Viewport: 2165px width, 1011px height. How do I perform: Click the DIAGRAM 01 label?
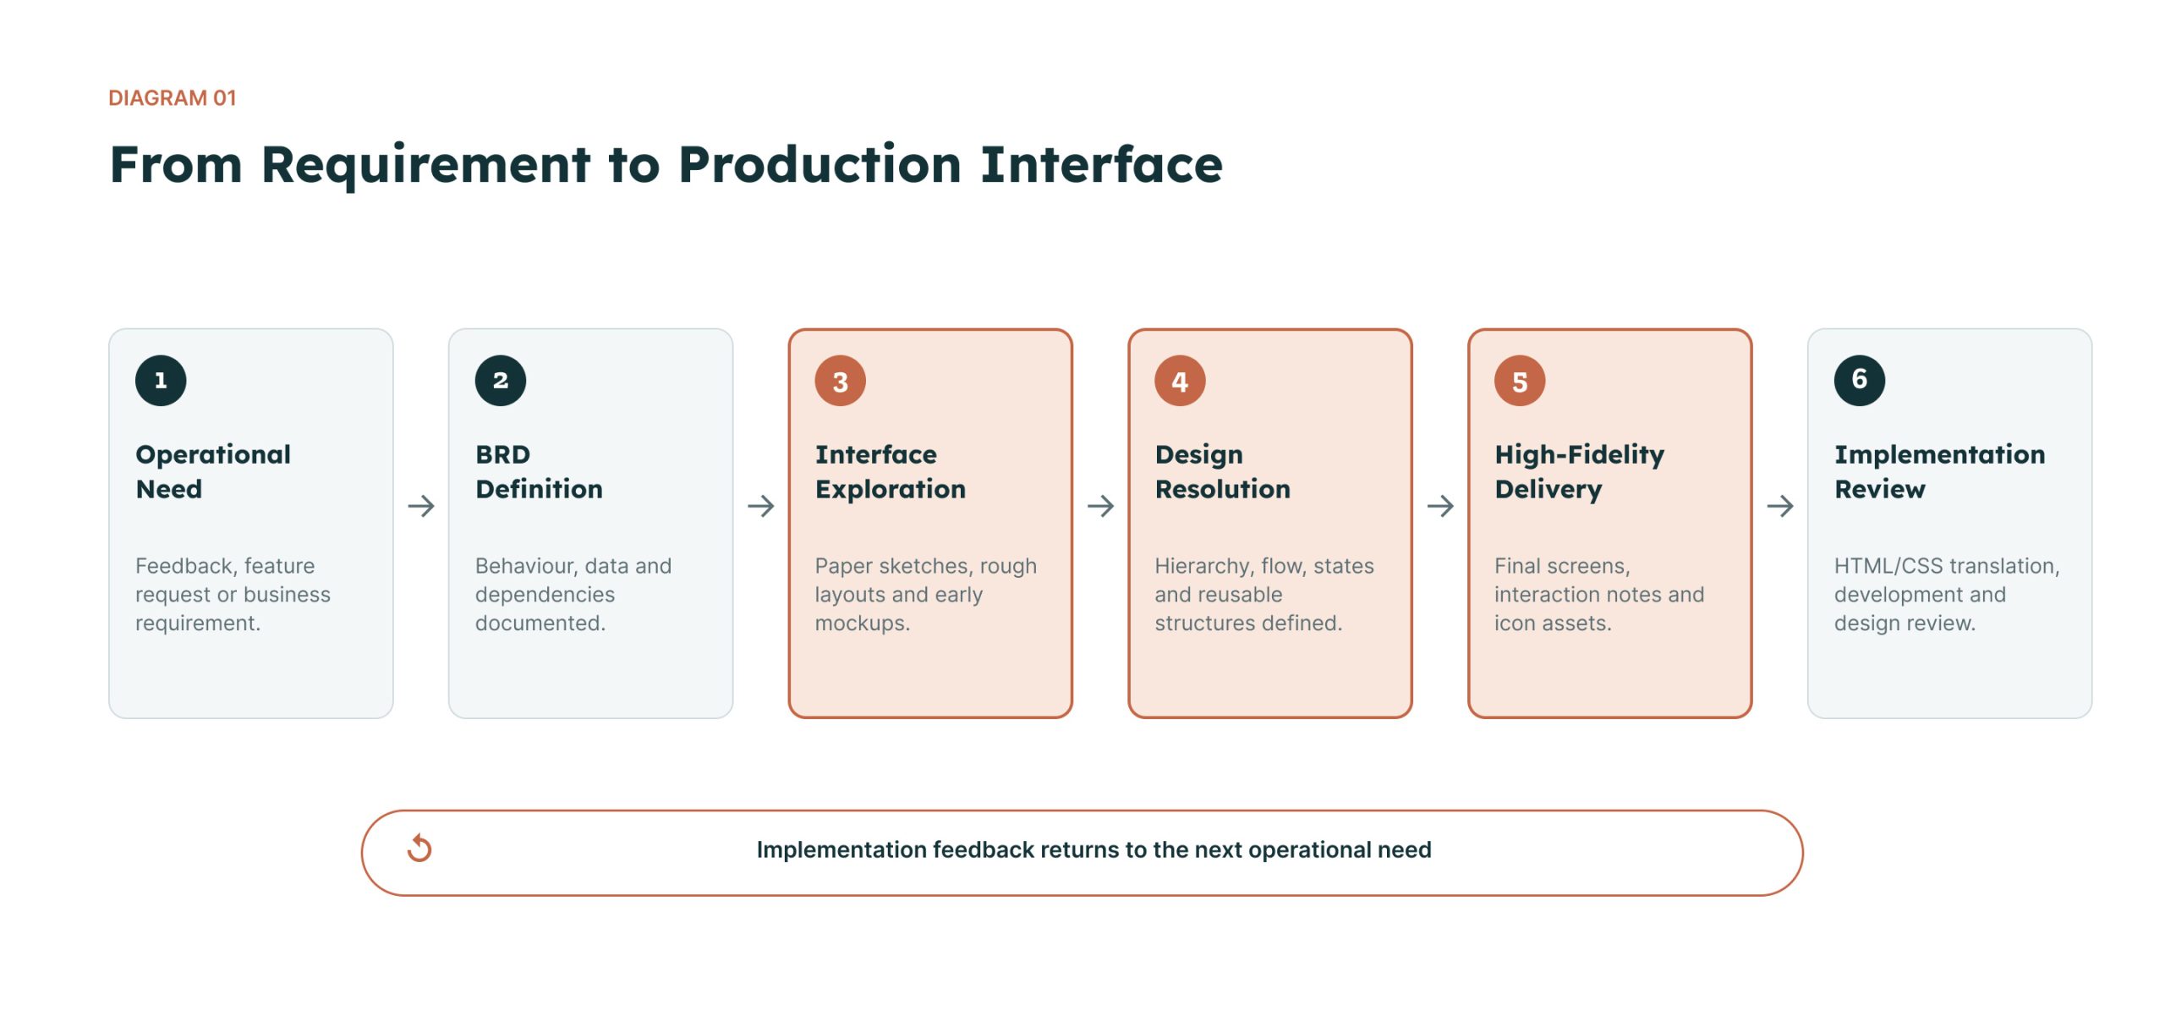[173, 98]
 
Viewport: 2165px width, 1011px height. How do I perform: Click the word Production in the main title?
[819, 164]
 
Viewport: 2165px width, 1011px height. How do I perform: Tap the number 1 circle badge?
[161, 381]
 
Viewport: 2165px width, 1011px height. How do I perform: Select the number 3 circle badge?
[840, 381]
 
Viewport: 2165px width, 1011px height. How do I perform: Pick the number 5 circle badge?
[1520, 381]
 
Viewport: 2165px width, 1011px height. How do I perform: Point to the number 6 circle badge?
[1860, 381]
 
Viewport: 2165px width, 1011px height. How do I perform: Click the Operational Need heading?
[213, 471]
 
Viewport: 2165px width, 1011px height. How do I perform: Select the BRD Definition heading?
[539, 471]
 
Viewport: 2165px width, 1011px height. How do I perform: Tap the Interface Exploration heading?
[890, 471]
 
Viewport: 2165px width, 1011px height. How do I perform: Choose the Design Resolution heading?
[1223, 471]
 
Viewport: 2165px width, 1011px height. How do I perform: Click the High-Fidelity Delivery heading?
[1579, 471]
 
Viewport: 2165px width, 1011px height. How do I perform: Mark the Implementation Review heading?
[1940, 471]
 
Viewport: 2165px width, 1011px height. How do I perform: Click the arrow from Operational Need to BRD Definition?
[421, 506]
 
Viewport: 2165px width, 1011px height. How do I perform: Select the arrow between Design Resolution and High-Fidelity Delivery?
[1440, 506]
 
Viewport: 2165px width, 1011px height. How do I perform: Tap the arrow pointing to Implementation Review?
[1780, 506]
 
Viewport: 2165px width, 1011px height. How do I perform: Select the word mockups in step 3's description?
[862, 624]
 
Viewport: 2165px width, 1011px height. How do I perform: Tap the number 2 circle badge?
[501, 381]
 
